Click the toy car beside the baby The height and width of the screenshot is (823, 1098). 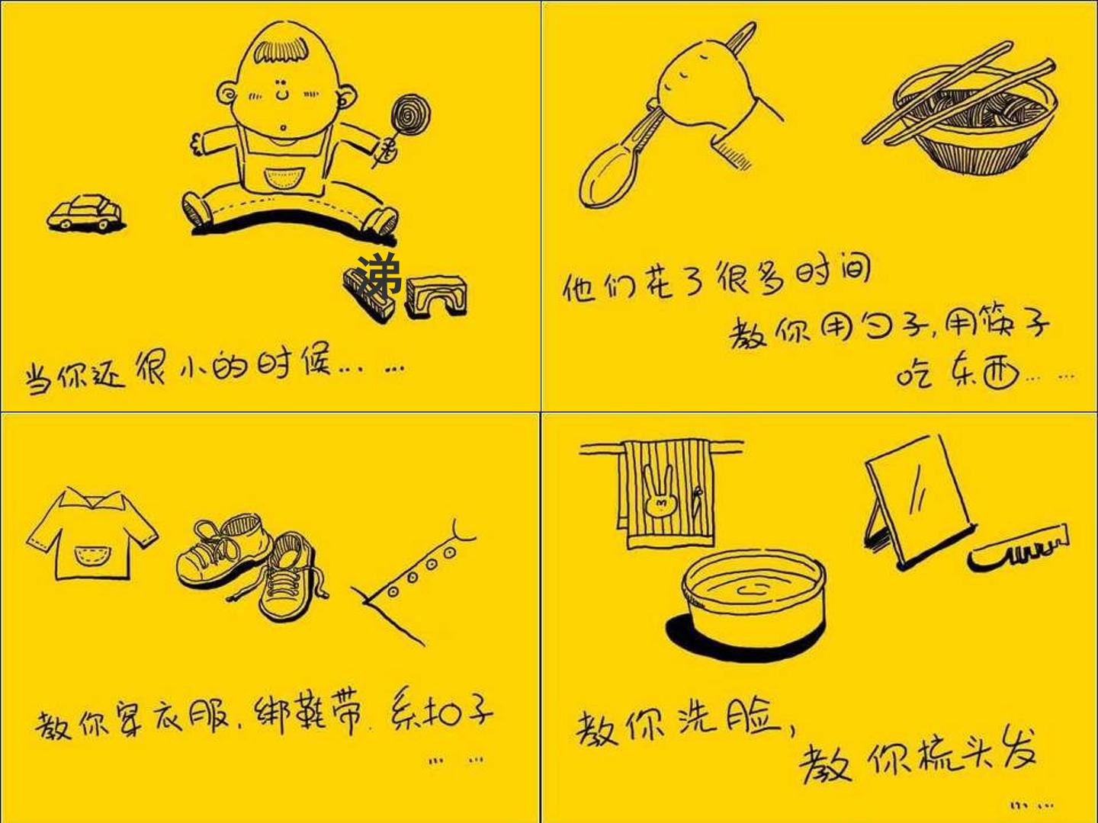[x=86, y=213]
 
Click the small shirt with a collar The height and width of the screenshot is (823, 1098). [x=91, y=535]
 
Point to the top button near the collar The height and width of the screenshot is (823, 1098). [x=450, y=552]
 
